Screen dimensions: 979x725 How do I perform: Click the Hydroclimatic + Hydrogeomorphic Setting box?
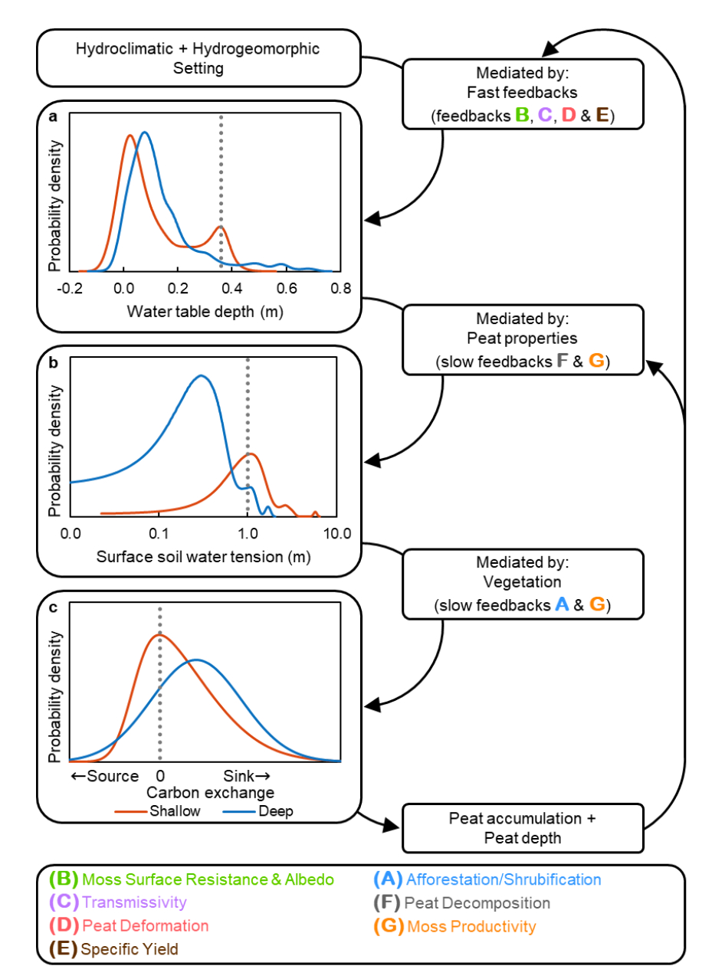198,57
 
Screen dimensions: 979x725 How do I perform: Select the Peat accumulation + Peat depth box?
523,828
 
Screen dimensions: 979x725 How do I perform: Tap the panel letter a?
51,116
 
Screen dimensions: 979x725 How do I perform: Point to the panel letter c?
51,609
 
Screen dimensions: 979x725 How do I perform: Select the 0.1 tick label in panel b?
159,533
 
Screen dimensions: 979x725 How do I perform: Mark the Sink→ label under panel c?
248,776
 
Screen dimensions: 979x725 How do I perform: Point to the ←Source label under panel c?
104,776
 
